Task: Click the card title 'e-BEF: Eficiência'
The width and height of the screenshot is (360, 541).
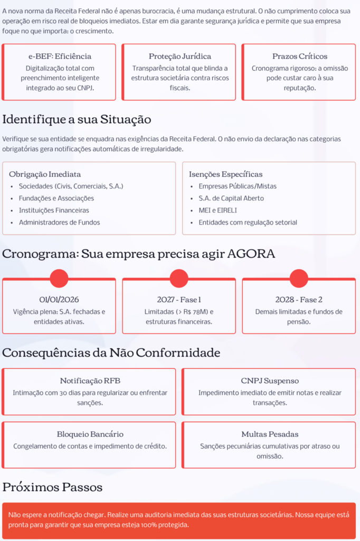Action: [60, 56]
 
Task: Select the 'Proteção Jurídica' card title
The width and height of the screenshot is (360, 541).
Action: [179, 56]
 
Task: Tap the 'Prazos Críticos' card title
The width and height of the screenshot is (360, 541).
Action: [299, 56]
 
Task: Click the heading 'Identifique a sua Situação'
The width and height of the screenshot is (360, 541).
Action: [77, 119]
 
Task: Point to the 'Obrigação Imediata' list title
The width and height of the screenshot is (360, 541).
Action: [45, 174]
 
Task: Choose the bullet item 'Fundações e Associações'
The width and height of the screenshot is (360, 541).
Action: [56, 198]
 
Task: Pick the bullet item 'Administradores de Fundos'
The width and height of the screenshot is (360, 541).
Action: [59, 222]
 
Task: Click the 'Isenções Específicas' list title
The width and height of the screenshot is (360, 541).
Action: [225, 174]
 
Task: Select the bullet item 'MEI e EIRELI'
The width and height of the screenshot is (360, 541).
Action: [217, 210]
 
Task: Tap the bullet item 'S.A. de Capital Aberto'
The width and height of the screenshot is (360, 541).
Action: [231, 198]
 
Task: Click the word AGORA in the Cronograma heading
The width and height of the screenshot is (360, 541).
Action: [251, 254]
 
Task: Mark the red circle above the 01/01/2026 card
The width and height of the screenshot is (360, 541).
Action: [59, 278]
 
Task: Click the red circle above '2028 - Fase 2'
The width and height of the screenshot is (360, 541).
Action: [299, 278]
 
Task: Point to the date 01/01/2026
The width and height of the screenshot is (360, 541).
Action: [59, 299]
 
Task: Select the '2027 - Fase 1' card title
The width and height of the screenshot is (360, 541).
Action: [179, 299]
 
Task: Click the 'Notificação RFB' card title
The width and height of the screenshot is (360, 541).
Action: [89, 380]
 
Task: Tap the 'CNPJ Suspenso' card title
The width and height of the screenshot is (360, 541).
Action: [269, 380]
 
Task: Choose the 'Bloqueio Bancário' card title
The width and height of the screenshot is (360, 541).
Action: [90, 434]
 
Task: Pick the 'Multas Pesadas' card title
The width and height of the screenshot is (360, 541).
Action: [270, 434]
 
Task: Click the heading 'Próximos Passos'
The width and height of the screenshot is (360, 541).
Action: [52, 487]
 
